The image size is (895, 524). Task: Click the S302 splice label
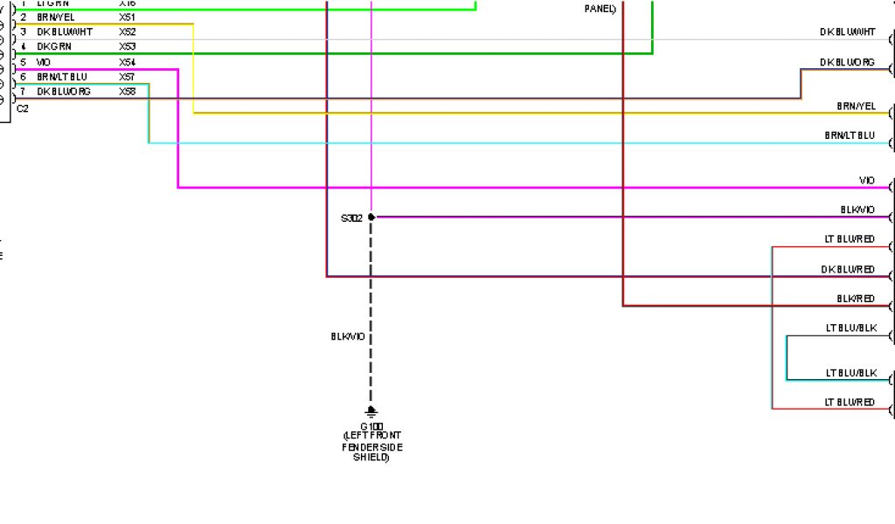point(351,217)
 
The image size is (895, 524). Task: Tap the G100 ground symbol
point(371,411)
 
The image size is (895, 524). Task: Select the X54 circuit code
point(128,62)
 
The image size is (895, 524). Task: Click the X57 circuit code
point(128,77)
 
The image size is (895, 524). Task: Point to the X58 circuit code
point(128,91)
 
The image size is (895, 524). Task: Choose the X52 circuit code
point(128,31)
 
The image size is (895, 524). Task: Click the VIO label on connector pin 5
point(44,62)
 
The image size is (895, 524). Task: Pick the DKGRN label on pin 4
point(54,46)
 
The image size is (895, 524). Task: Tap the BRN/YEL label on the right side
point(856,106)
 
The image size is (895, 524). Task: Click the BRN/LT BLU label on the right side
point(850,135)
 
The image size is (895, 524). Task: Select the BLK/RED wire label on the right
point(856,299)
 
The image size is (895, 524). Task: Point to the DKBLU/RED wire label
point(848,269)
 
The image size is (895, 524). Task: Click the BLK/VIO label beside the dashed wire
point(347,336)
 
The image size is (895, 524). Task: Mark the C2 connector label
point(23,108)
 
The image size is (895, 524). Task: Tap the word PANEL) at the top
point(600,9)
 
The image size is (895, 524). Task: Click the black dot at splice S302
point(371,217)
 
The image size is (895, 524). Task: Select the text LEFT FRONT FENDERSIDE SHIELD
point(371,445)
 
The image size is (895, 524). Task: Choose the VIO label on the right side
point(866,180)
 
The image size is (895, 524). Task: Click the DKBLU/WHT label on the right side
point(847,31)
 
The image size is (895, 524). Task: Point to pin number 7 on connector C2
point(24,91)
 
